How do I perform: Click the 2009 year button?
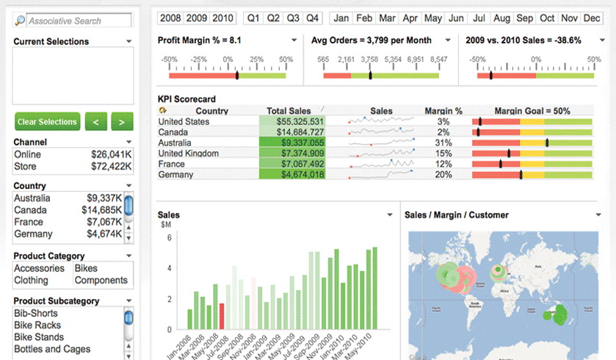197,18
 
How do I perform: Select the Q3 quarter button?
293,18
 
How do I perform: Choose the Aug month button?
502,18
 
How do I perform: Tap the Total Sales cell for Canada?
292,132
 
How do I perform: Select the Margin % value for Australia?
443,143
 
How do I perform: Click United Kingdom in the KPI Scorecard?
188,154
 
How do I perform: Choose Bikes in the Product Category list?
86,268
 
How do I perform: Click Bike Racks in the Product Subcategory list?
37,325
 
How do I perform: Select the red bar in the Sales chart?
221,316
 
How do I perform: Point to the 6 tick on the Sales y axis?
169,238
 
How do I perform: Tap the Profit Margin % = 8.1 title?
199,40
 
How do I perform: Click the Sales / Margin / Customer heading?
457,215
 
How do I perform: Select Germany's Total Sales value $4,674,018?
292,175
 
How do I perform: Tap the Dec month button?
591,18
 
